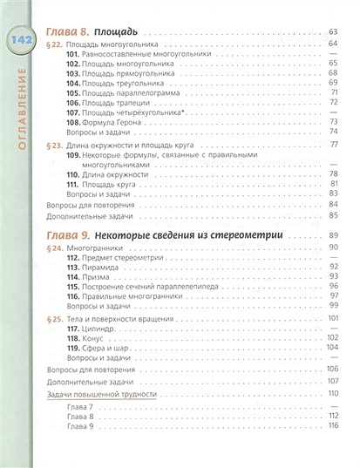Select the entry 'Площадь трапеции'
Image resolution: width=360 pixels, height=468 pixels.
click(x=131, y=101)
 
